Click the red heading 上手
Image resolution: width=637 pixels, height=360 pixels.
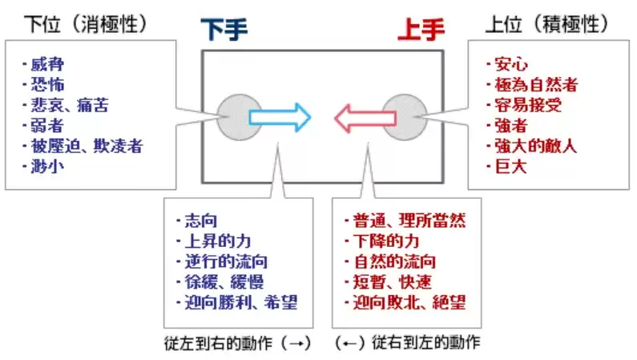pos(421,30)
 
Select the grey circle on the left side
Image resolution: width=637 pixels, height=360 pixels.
pos(235,118)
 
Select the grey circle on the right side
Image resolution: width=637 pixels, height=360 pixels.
pos(402,118)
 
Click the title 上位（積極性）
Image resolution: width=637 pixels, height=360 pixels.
pos(547,24)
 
